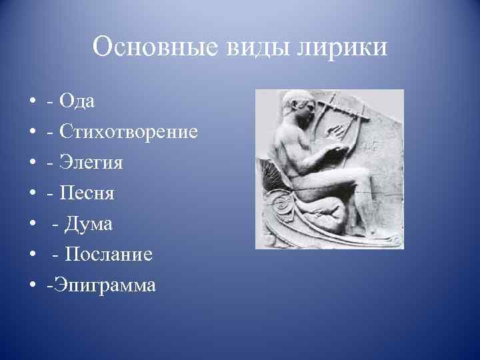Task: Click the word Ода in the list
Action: click(x=77, y=101)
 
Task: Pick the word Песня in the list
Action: click(x=87, y=193)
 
